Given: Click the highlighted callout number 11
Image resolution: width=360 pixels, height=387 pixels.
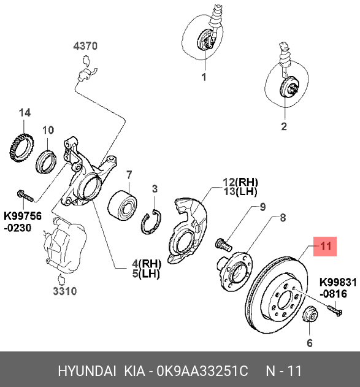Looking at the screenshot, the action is point(325,247).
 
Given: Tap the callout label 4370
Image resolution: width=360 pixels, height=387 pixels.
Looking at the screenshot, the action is point(85,46).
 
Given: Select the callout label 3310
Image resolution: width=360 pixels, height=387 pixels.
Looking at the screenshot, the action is point(65,291).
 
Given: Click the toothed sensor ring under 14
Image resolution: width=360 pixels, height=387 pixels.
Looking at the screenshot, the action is point(22,148).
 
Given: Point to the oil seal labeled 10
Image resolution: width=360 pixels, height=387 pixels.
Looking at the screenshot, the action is point(47,161).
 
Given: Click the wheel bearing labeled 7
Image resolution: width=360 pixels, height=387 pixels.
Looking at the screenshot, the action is point(123,205).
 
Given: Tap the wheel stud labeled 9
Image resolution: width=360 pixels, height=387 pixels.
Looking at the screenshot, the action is point(223,244).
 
